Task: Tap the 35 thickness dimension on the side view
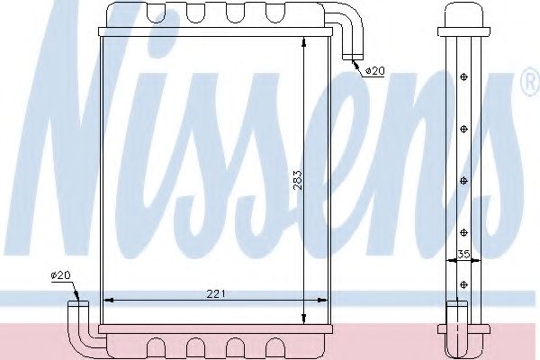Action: tap(463, 255)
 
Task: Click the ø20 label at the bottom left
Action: tap(60, 275)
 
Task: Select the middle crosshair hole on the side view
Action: tap(463, 180)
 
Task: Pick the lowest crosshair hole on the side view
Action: tap(463, 284)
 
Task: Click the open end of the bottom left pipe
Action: tap(76, 305)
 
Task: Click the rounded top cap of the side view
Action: tap(463, 15)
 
